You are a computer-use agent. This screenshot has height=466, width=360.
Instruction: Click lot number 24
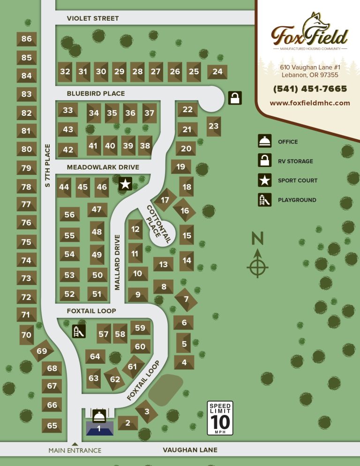coord(217,72)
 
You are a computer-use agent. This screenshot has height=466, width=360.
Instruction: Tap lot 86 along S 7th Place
coord(26,39)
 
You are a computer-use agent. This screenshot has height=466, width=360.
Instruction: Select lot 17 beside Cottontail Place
coord(165,200)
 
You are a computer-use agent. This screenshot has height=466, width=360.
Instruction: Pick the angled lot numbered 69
coord(42,351)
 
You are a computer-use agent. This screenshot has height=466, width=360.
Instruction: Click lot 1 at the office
coord(99,428)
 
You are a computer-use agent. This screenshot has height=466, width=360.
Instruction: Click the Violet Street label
coord(93,18)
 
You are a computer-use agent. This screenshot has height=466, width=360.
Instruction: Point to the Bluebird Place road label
coord(96,93)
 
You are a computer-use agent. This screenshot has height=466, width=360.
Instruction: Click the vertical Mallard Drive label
coord(118,262)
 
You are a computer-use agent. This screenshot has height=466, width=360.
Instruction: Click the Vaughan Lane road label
coord(190,450)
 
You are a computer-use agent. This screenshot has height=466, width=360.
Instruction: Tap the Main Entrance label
coord(75,451)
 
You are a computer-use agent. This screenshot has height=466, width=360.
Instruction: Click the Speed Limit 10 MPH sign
coord(220,418)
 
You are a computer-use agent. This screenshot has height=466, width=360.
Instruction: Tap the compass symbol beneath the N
coord(257,267)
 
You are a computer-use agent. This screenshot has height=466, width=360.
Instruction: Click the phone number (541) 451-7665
coord(310,89)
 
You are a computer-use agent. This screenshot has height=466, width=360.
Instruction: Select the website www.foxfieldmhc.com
coord(310,103)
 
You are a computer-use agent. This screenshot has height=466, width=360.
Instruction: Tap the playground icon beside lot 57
coord(78,331)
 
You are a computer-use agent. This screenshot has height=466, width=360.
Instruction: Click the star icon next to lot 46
coord(125,184)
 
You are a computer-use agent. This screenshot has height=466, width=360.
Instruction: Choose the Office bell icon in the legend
coord(264,142)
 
